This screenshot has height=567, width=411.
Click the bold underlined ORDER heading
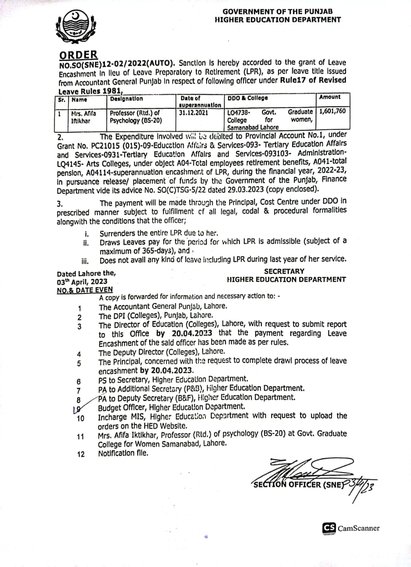[x=78, y=54]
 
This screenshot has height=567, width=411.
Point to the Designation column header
[x=126, y=98]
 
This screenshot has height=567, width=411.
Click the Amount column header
[x=329, y=97]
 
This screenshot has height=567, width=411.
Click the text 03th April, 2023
[x=82, y=281]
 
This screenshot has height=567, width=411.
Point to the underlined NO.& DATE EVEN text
[x=85, y=290]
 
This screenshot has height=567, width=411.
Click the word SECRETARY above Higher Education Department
[x=284, y=271]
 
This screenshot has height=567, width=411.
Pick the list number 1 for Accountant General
[x=79, y=308]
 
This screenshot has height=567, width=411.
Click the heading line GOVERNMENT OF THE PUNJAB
[x=278, y=11]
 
